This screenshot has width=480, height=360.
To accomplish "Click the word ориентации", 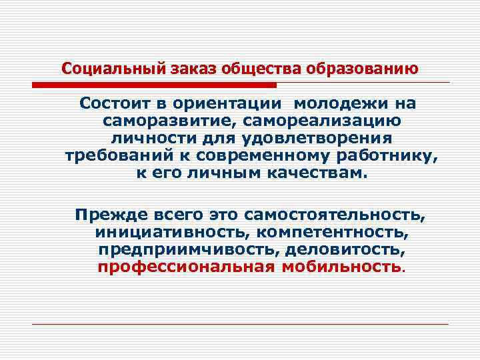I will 225,105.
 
